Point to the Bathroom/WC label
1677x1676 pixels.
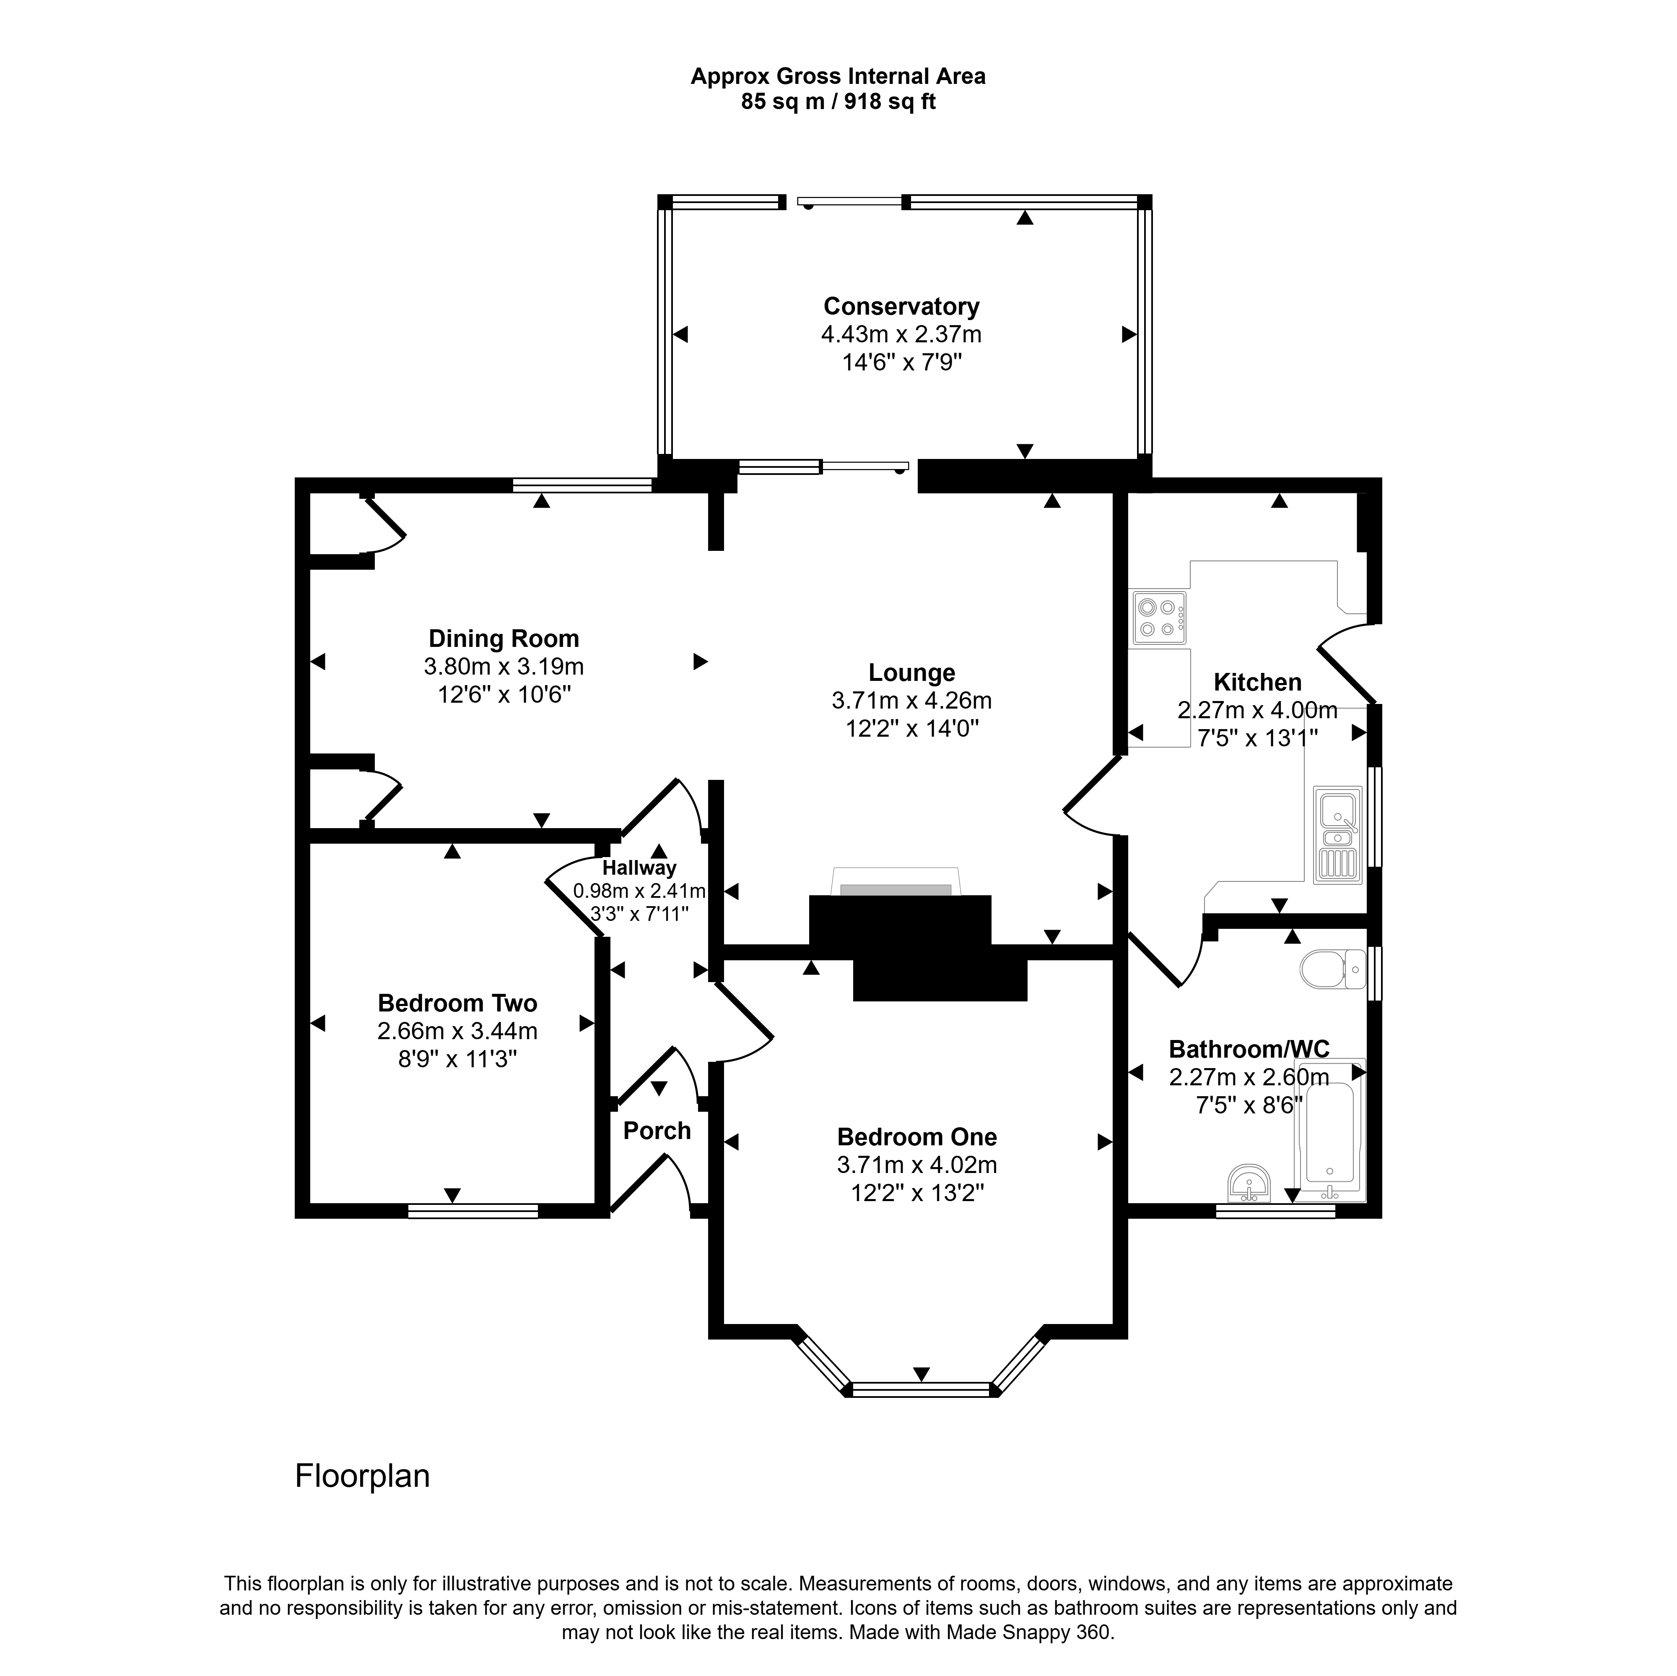[x=1249, y=1049]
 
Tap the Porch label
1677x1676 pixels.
[x=657, y=1131]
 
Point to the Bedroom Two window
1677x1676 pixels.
[x=473, y=1211]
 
